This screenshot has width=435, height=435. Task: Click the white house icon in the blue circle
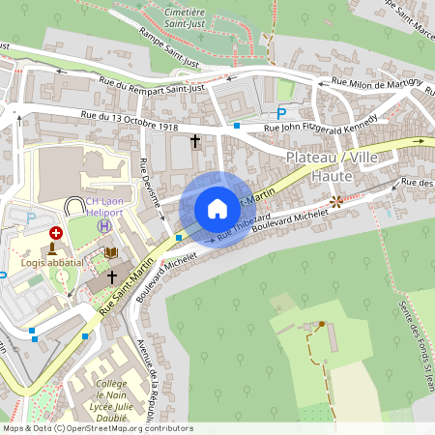coord(217,209)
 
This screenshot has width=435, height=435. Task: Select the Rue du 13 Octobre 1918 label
coord(129,120)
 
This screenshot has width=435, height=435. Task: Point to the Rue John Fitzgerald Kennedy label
coord(322,124)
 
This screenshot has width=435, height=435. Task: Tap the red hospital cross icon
coord(56,233)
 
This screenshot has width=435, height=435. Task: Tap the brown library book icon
coord(110,253)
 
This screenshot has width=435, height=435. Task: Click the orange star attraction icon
coord(335,202)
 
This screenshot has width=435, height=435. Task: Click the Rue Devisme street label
coord(151,183)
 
